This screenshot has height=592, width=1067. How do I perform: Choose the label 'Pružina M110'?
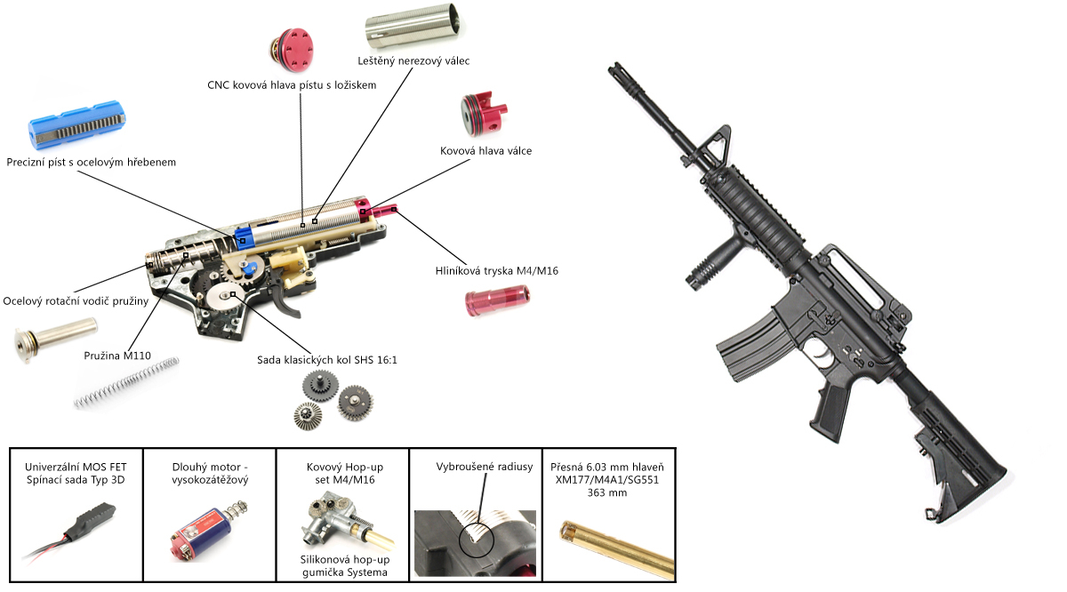pos(117,356)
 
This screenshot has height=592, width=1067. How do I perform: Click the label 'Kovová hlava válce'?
pos(485,151)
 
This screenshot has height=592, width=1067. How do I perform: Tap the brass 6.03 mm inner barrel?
pos(607,543)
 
